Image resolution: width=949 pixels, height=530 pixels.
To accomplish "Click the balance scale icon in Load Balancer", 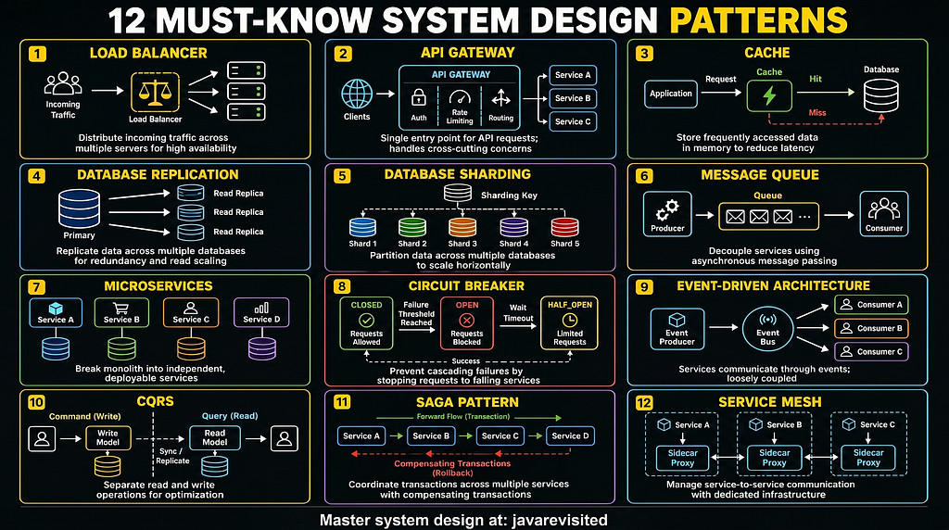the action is (156, 93).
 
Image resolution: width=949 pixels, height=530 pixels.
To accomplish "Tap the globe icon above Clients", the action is (357, 94).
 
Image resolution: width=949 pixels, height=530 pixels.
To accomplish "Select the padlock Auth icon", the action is (419, 97).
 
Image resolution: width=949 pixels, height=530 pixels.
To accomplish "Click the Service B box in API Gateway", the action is (573, 98).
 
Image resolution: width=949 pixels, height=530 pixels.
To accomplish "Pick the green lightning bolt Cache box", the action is (769, 95).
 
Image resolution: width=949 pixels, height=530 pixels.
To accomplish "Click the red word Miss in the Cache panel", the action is (817, 112).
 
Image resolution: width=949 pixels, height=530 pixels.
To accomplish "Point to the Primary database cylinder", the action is (80, 208).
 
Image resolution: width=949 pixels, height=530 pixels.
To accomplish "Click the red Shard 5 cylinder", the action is (564, 228).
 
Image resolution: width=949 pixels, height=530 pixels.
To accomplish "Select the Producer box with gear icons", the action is (667, 213).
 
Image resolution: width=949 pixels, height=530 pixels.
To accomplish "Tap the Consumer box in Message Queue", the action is (883, 213).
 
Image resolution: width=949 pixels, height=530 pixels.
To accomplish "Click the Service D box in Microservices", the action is (261, 313).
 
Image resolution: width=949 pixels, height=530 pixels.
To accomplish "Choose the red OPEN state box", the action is (467, 323).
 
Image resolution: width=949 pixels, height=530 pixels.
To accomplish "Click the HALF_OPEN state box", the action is (570, 323).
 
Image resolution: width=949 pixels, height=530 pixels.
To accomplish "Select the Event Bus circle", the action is (768, 329).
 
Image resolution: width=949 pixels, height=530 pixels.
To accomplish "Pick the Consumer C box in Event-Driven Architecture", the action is (871, 351).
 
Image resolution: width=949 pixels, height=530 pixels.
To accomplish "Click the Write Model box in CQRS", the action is (108, 437).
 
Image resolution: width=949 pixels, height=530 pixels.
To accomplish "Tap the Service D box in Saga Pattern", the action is (570, 435).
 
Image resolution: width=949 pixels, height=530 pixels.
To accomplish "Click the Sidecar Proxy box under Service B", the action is (774, 458).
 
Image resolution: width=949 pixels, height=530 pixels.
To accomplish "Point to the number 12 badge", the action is (644, 403).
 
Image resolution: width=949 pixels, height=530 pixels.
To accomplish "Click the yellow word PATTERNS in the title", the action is (758, 20).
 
